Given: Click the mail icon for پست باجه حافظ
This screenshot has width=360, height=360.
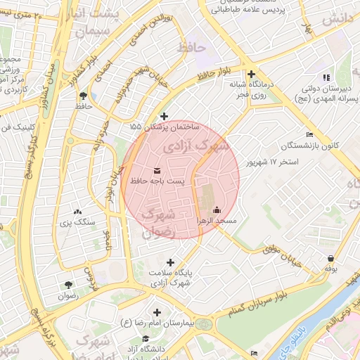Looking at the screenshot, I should point(156,170).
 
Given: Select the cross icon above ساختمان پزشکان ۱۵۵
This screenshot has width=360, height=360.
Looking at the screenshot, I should point(165,116).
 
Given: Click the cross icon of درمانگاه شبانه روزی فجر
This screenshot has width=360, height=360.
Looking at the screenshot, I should point(250,74).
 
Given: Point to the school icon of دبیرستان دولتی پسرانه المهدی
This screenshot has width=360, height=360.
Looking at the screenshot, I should point(325,77).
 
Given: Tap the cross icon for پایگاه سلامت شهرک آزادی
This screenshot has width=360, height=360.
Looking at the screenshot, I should point(169,262).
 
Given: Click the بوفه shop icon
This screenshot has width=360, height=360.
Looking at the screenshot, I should point(330,257).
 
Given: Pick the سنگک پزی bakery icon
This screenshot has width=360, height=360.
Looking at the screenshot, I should point(77,211).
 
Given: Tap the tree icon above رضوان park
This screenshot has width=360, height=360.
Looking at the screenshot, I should point(68,285).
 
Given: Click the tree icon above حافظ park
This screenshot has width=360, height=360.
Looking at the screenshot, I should point(84,95).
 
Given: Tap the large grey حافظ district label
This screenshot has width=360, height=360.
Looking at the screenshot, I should point(190,48).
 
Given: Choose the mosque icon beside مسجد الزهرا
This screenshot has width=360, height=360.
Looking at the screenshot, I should point(217,210).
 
